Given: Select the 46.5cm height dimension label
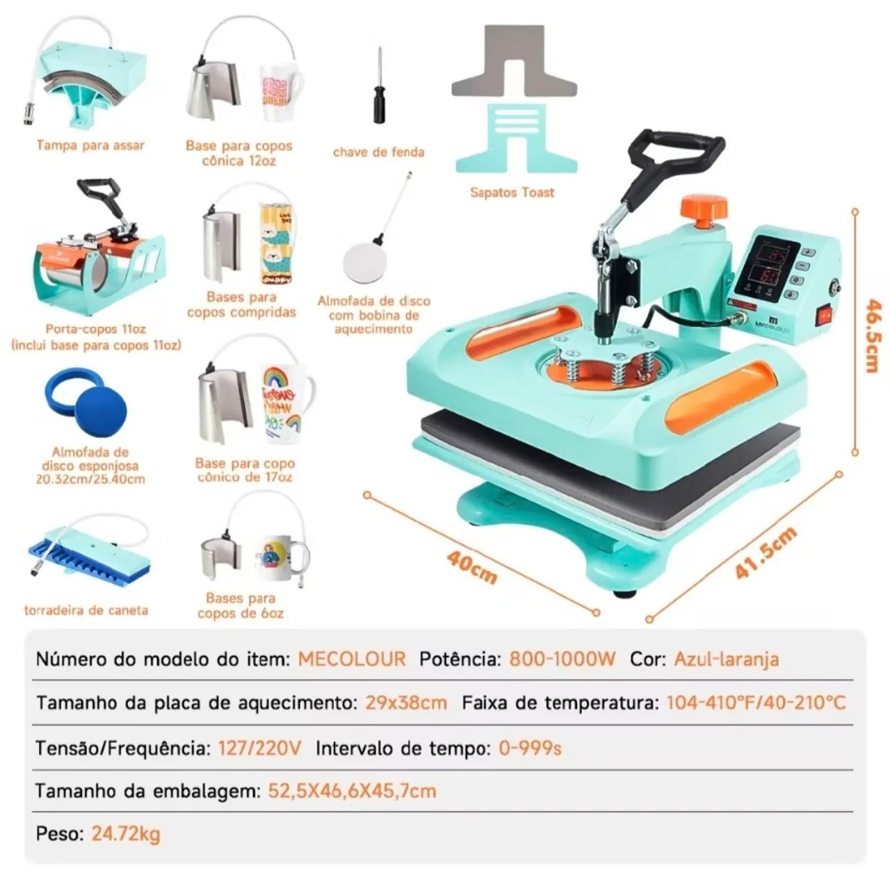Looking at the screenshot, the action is point(873,335).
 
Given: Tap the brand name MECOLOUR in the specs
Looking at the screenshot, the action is point(351,659).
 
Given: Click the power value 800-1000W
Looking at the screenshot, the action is point(562,659).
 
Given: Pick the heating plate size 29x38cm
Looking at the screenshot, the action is point(406,703).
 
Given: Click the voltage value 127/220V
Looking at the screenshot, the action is point(259,747).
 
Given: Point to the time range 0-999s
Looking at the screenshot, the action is point(530,747).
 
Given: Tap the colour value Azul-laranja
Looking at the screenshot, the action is point(726,660).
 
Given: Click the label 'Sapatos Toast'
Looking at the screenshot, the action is point(512,192).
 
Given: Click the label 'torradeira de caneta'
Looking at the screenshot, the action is point(86,610).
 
